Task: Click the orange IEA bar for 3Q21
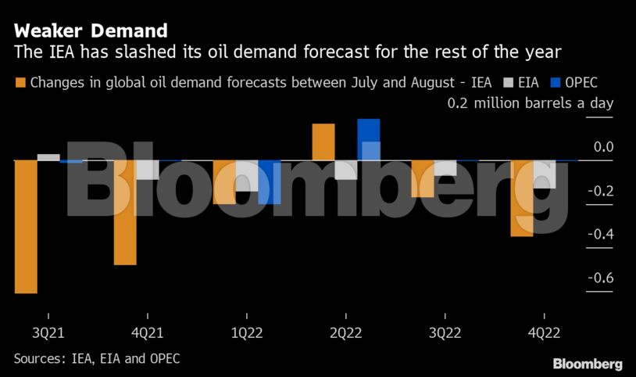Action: click(26, 227)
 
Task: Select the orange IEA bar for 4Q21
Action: click(125, 212)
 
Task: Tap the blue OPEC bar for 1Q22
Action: click(269, 181)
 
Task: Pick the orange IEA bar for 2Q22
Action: click(323, 142)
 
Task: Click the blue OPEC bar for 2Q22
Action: click(368, 139)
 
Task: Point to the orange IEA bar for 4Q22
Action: click(521, 198)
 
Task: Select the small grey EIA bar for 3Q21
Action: click(48, 157)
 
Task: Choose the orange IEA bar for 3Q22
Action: click(423, 178)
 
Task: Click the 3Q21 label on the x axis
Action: click(48, 332)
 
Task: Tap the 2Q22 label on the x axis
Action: click(345, 332)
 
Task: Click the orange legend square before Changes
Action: click(20, 82)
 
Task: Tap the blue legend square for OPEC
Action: click(556, 82)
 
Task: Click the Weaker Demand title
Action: click(91, 31)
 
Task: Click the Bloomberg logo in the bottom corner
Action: click(588, 364)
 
